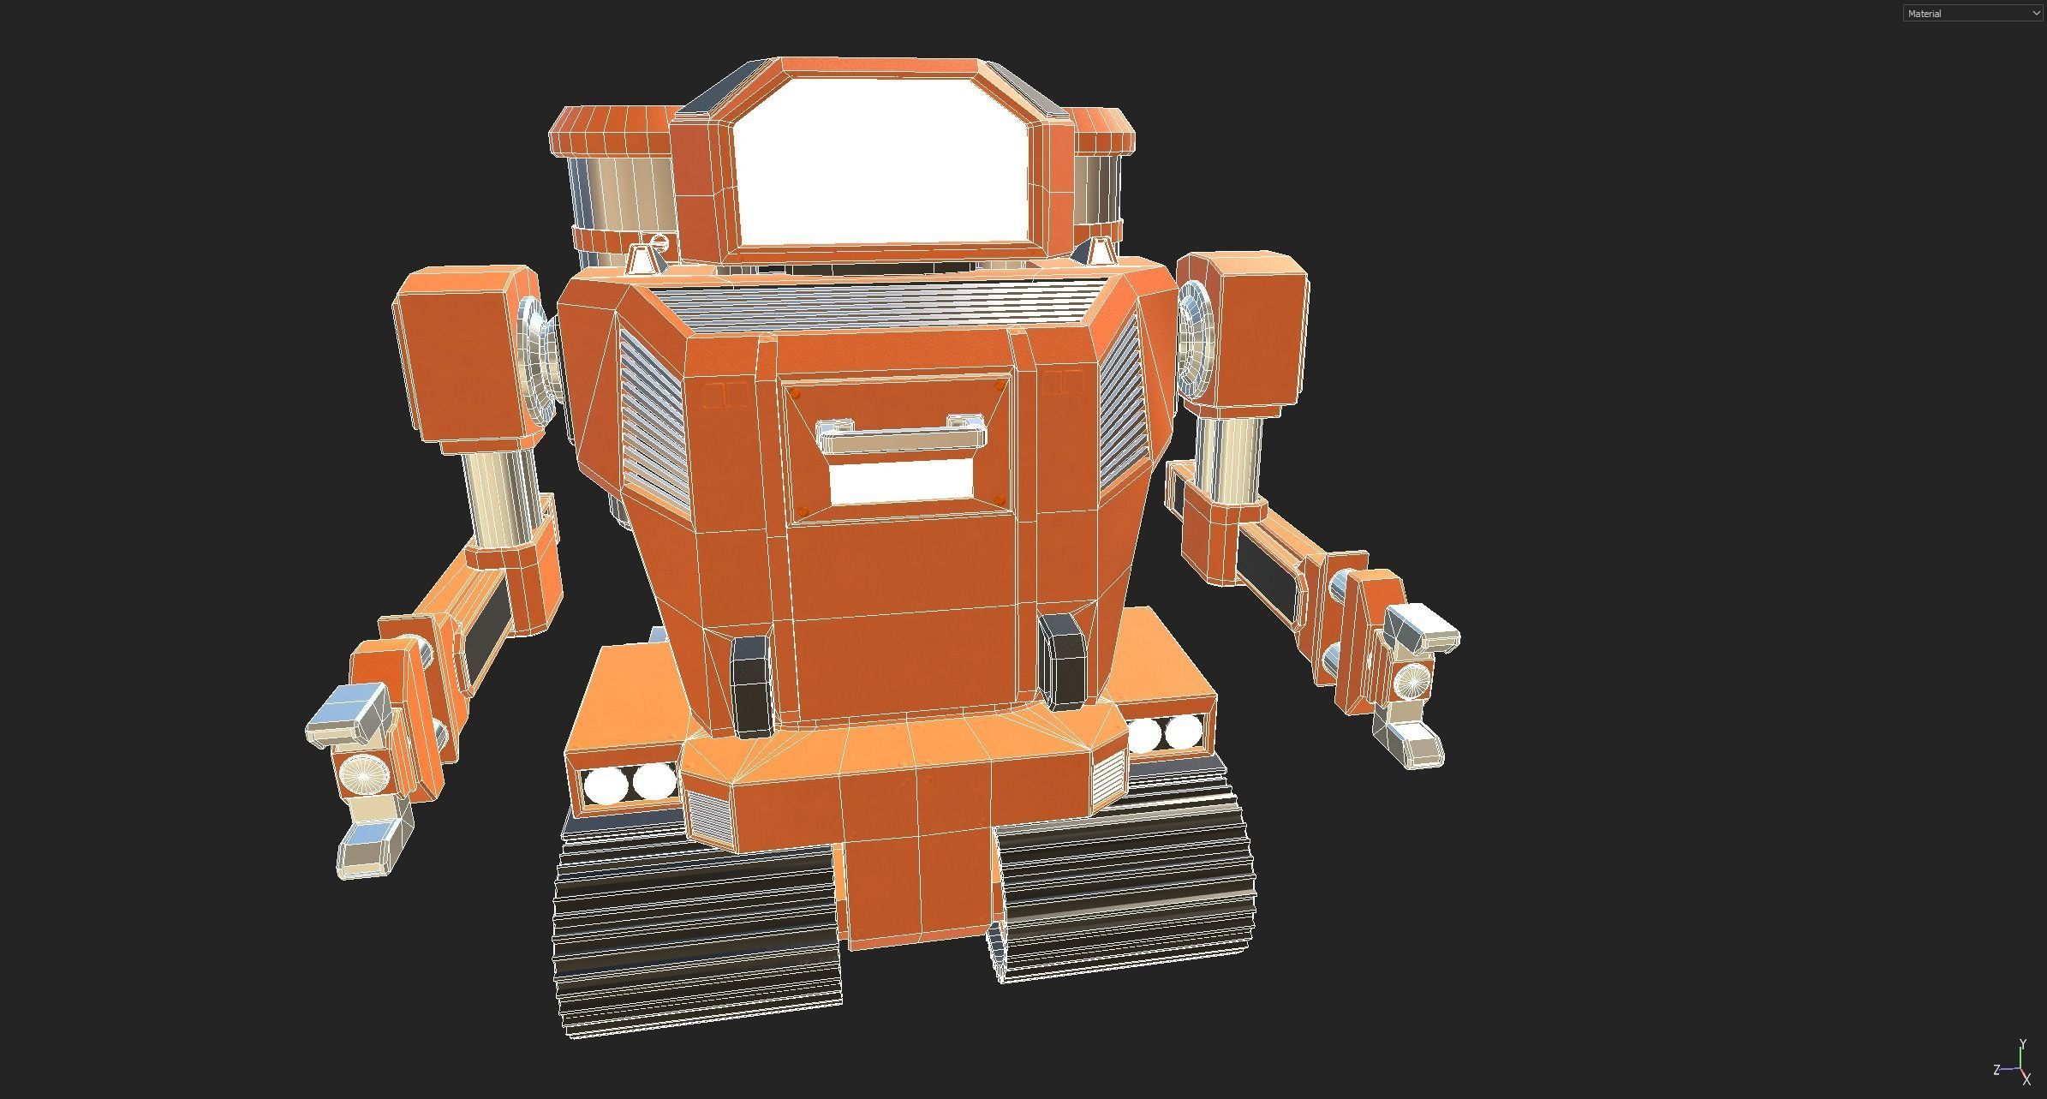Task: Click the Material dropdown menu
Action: coord(1972,13)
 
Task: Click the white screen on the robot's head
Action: coord(880,163)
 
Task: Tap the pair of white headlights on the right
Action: coord(1165,733)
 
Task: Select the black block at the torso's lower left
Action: coord(752,685)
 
